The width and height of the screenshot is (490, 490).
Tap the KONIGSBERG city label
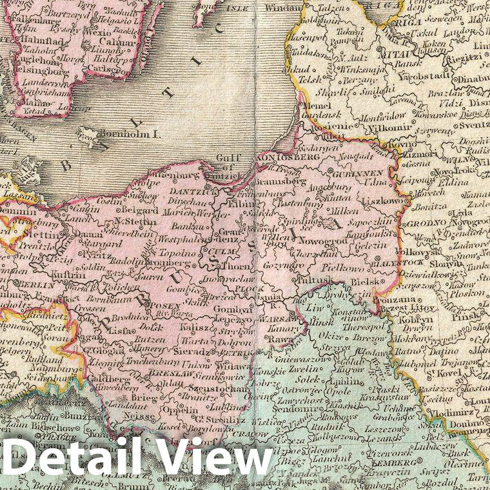pyautogui.click(x=280, y=157)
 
